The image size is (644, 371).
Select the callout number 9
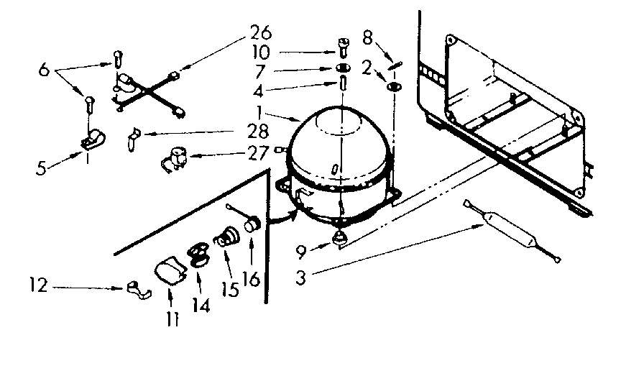pyautogui.click(x=302, y=252)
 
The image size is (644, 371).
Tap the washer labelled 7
pyautogui.click(x=342, y=68)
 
